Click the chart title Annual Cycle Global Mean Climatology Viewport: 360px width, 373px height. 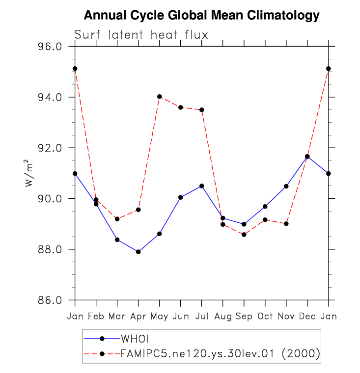tap(201, 15)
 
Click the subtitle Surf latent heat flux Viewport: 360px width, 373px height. tap(141, 35)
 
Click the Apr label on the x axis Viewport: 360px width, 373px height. tap(138, 316)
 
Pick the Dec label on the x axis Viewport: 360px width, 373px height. tap(307, 316)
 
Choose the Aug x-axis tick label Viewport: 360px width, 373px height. tap(222, 316)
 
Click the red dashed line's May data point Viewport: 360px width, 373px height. tap(160, 97)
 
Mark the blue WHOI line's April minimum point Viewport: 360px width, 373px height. tap(138, 252)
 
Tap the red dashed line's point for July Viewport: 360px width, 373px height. tap(202, 110)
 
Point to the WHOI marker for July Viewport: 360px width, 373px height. tap(202, 186)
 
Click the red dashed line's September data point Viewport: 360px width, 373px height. tap(244, 235)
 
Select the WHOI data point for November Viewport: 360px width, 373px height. tap(286, 186)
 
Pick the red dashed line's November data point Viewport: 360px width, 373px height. tap(286, 224)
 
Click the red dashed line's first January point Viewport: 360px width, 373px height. tap(75, 69)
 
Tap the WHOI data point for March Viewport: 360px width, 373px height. tap(117, 240)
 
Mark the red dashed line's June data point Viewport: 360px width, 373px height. tap(181, 107)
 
